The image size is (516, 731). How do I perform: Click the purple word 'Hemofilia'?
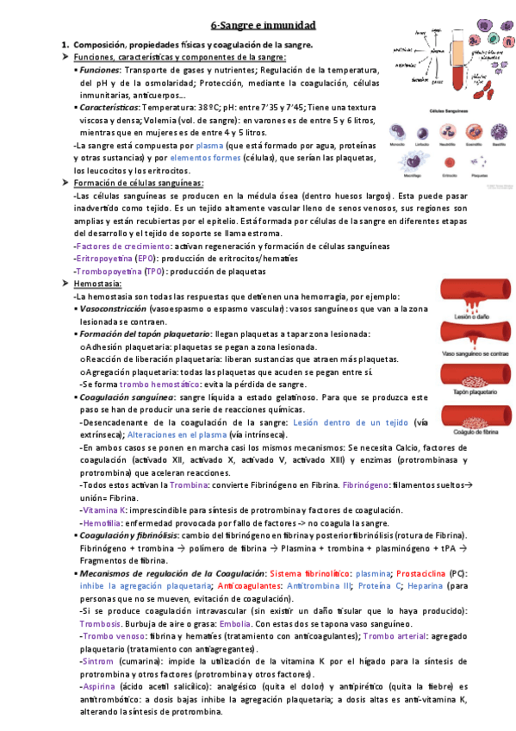100,523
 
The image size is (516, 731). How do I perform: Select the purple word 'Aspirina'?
98,686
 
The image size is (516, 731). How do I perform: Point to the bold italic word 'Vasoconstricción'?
112,308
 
